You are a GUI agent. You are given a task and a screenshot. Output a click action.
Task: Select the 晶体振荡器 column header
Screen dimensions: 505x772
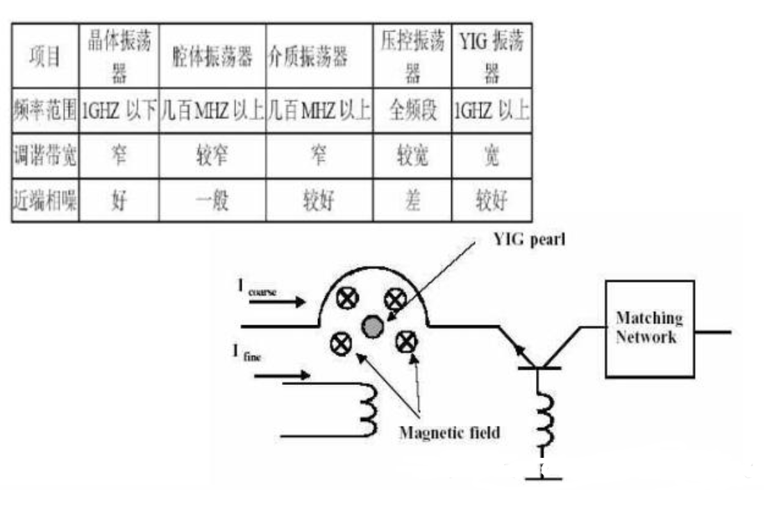pyautogui.click(x=119, y=55)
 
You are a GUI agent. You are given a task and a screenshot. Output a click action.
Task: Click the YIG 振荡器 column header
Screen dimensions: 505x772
pyautogui.click(x=491, y=55)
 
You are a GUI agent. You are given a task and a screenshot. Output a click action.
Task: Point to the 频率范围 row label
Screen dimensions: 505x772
pyautogui.click(x=46, y=111)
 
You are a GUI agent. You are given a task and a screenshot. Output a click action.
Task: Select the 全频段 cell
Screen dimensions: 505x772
pyautogui.click(x=413, y=111)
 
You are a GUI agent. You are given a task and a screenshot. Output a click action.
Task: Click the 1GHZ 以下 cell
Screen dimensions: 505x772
pyautogui.click(x=119, y=111)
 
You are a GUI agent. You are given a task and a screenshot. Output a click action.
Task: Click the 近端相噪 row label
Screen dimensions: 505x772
pyautogui.click(x=46, y=201)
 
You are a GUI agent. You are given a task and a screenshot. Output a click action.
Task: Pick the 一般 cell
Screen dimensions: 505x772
pyautogui.click(x=212, y=201)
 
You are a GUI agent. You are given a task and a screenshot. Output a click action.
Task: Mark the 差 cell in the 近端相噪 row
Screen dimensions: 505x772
pyautogui.click(x=413, y=201)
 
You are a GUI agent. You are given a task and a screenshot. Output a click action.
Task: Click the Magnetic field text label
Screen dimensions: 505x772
pyautogui.click(x=449, y=432)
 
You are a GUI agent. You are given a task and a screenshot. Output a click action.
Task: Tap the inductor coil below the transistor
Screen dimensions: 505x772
pyautogui.click(x=545, y=420)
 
